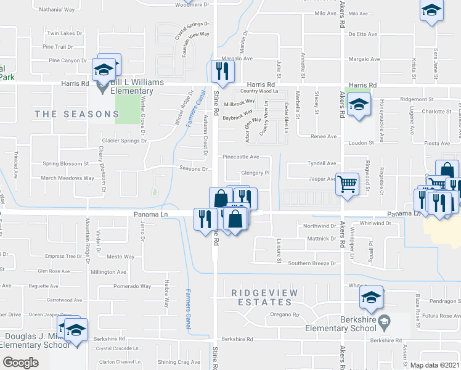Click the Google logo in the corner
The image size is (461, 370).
(x=20, y=362)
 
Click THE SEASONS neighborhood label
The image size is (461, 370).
(x=77, y=114)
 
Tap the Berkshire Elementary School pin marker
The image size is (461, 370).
(x=385, y=321)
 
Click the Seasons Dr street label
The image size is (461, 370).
(x=193, y=168)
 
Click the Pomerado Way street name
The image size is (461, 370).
(x=132, y=286)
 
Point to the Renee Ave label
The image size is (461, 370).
(x=324, y=136)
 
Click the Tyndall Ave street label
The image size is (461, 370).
(x=322, y=163)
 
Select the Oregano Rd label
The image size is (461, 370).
(x=284, y=314)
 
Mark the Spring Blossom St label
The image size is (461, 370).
(x=66, y=164)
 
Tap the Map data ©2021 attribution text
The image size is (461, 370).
(x=435, y=365)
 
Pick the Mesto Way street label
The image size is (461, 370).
(x=121, y=257)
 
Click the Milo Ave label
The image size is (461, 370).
(x=324, y=13)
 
